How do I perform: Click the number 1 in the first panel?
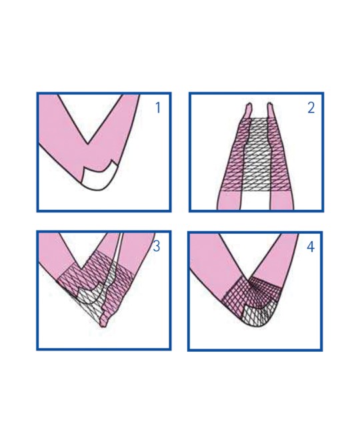coord(158,108)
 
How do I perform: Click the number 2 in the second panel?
coord(311,108)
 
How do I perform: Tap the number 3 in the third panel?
coord(157,246)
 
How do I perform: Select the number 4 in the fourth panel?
coord(311,246)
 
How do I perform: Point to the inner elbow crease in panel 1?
coord(88,143)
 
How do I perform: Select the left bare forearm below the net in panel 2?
coord(229,200)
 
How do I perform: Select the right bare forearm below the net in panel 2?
coord(281,200)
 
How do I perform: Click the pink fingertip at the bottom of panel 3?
coord(104,322)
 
